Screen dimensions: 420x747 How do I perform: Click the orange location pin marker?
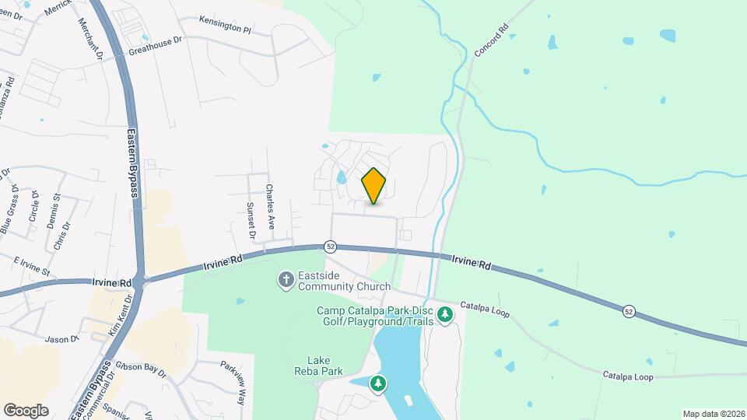[x=374, y=185]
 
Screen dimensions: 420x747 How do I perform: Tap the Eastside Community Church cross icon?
[x=286, y=279]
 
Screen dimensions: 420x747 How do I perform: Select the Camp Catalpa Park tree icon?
[x=445, y=315]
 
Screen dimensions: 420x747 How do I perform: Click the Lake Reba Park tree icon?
[x=377, y=383]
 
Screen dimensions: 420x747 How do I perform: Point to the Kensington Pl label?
[x=225, y=25]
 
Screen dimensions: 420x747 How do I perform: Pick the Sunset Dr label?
[x=251, y=219]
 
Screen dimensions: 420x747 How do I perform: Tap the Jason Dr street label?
[x=62, y=339]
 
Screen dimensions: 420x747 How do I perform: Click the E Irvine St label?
[x=31, y=265]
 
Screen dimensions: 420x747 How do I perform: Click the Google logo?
[x=26, y=410]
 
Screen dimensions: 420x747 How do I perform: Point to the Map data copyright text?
[x=713, y=413]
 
